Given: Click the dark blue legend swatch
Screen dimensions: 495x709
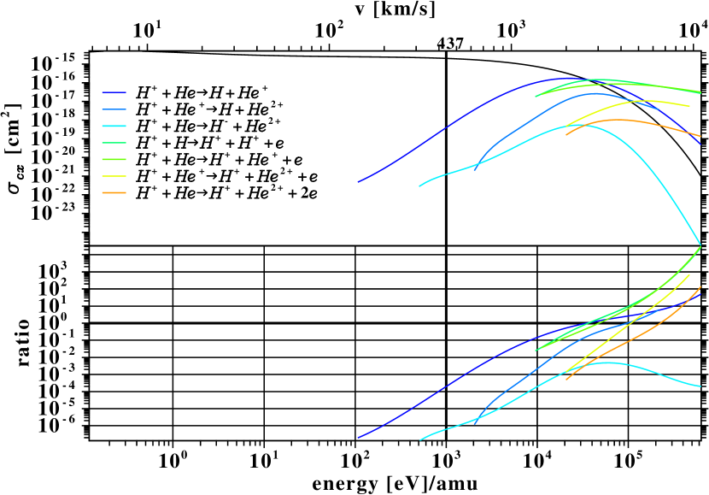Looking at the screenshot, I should (114, 92).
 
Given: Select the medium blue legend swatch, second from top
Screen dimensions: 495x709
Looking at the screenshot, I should (114, 109).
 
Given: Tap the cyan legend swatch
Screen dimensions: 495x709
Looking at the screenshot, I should (114, 126).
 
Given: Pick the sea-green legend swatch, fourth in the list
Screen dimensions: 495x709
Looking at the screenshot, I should (114, 143).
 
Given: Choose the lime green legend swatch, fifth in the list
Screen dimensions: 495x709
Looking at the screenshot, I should (114, 159).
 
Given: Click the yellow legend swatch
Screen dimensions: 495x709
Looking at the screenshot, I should (114, 176).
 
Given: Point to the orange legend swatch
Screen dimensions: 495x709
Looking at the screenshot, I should (114, 193).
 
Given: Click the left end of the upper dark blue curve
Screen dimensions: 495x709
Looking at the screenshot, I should (358, 181).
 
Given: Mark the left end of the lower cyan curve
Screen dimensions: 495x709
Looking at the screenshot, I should (420, 439).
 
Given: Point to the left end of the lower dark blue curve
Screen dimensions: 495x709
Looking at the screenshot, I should (358, 438).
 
